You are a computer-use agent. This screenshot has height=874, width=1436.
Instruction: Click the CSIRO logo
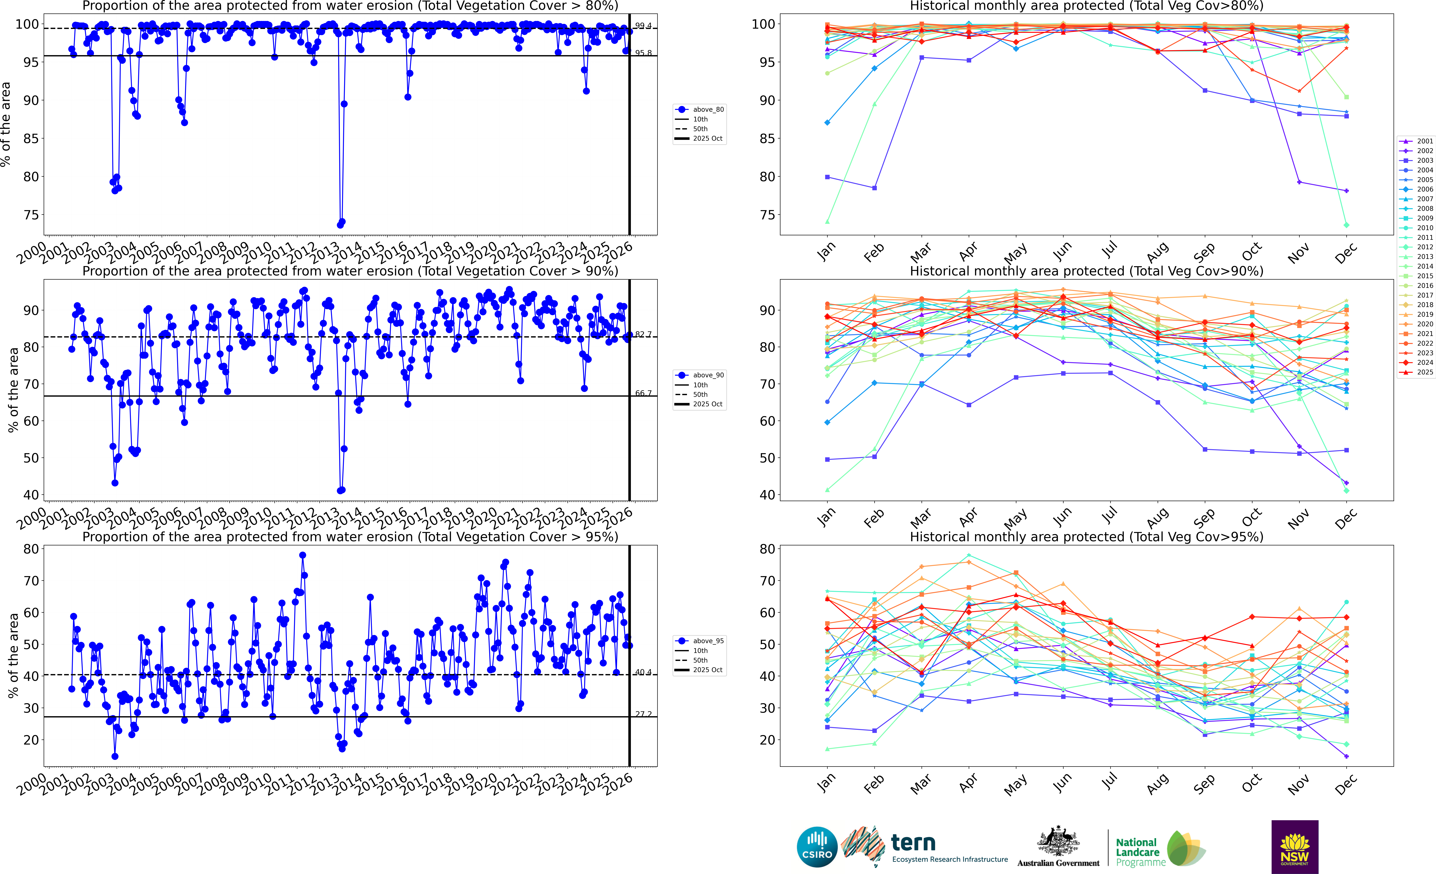pos(817,847)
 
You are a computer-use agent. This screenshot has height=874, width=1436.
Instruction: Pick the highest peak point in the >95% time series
pos(302,555)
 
